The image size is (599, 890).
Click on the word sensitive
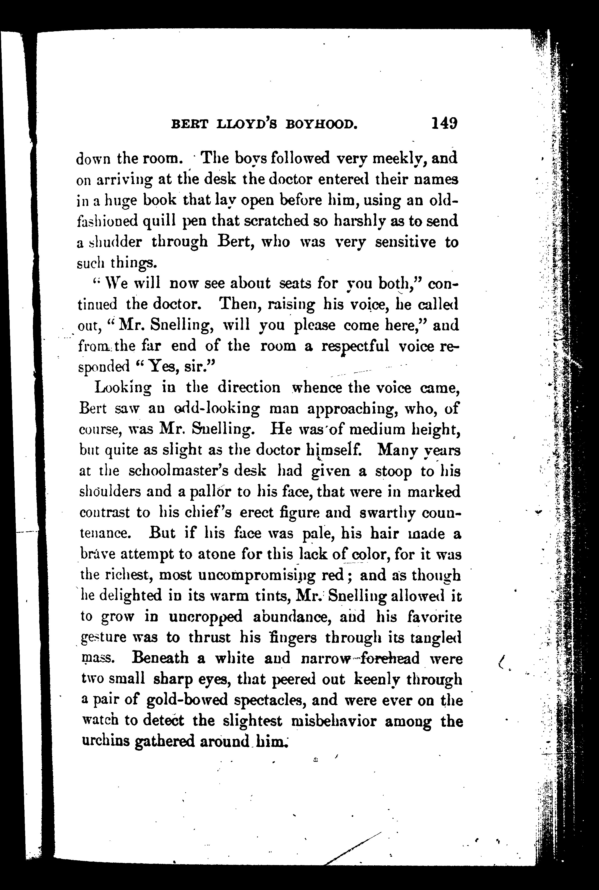[405, 242]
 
